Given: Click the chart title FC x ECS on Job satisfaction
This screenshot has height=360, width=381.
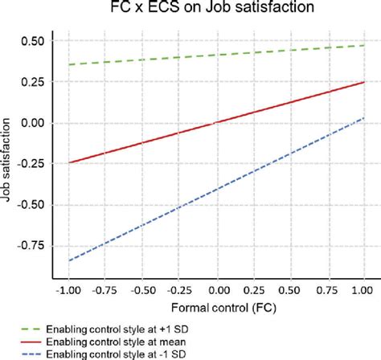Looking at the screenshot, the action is [x=212, y=6].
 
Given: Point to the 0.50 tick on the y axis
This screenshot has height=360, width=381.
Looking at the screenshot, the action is [x=32, y=41].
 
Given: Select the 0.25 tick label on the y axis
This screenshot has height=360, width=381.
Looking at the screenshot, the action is [x=32, y=82].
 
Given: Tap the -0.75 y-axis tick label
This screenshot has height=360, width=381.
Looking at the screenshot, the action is [x=31, y=245].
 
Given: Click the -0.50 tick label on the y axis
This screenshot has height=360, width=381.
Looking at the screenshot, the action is [x=31, y=205].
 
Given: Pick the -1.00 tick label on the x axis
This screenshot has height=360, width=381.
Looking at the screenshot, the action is [x=68, y=291].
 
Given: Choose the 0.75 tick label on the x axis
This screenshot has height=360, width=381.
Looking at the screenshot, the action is [x=327, y=291].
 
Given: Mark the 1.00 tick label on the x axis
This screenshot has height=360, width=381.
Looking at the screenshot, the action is [x=363, y=291].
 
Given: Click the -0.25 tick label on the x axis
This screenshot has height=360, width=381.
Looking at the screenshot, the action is [x=179, y=291].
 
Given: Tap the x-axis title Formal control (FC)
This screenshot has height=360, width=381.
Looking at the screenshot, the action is [x=223, y=308].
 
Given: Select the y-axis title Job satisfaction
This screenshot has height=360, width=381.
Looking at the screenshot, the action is [x=6, y=160].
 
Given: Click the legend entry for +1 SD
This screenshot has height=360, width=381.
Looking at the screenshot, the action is [x=104, y=329].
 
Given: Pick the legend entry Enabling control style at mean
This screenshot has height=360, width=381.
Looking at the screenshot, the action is [x=103, y=342].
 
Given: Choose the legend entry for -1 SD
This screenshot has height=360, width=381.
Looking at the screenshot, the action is [x=103, y=354].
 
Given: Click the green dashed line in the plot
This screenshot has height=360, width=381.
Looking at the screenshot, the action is [x=216, y=55].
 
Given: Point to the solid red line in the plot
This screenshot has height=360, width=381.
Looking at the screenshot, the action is [x=216, y=122].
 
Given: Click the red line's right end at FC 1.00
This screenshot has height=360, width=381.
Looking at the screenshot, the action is [x=364, y=82].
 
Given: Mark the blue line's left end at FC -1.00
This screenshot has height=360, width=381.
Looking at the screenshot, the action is [x=69, y=260].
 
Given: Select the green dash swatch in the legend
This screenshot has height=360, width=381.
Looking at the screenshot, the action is [x=31, y=329].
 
